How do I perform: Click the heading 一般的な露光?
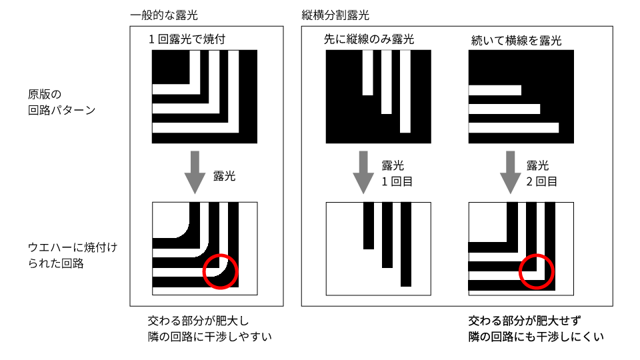pyautogui.click(x=164, y=15)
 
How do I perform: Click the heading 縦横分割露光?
pyautogui.click(x=335, y=15)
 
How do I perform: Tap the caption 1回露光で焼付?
pyautogui.click(x=187, y=39)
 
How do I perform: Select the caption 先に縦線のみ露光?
pyautogui.click(x=369, y=39)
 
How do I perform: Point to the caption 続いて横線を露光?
pyautogui.click(x=516, y=41)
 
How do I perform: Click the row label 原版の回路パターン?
pyautogui.click(x=61, y=102)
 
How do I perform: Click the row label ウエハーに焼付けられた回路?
pyautogui.click(x=72, y=255)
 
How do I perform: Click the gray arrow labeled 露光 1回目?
pyautogui.click(x=363, y=172)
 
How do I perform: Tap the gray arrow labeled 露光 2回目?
pyautogui.click(x=510, y=172)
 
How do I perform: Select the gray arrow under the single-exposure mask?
pyautogui.click(x=195, y=172)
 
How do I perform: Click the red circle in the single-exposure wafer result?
pyautogui.click(x=221, y=255)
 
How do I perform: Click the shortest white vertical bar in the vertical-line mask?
pyautogui.click(x=368, y=73)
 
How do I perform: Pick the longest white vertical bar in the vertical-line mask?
pyautogui.click(x=405, y=91)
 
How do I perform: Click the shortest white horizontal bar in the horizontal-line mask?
pyautogui.click(x=495, y=90)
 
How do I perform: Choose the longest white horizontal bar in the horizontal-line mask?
pyautogui.click(x=513, y=128)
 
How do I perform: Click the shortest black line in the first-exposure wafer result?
pyautogui.click(x=369, y=226)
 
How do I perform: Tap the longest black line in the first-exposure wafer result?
pyautogui.click(x=406, y=245)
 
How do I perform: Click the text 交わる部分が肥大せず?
pyautogui.click(x=525, y=321)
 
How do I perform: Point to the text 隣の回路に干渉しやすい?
pyautogui.click(x=210, y=337)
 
